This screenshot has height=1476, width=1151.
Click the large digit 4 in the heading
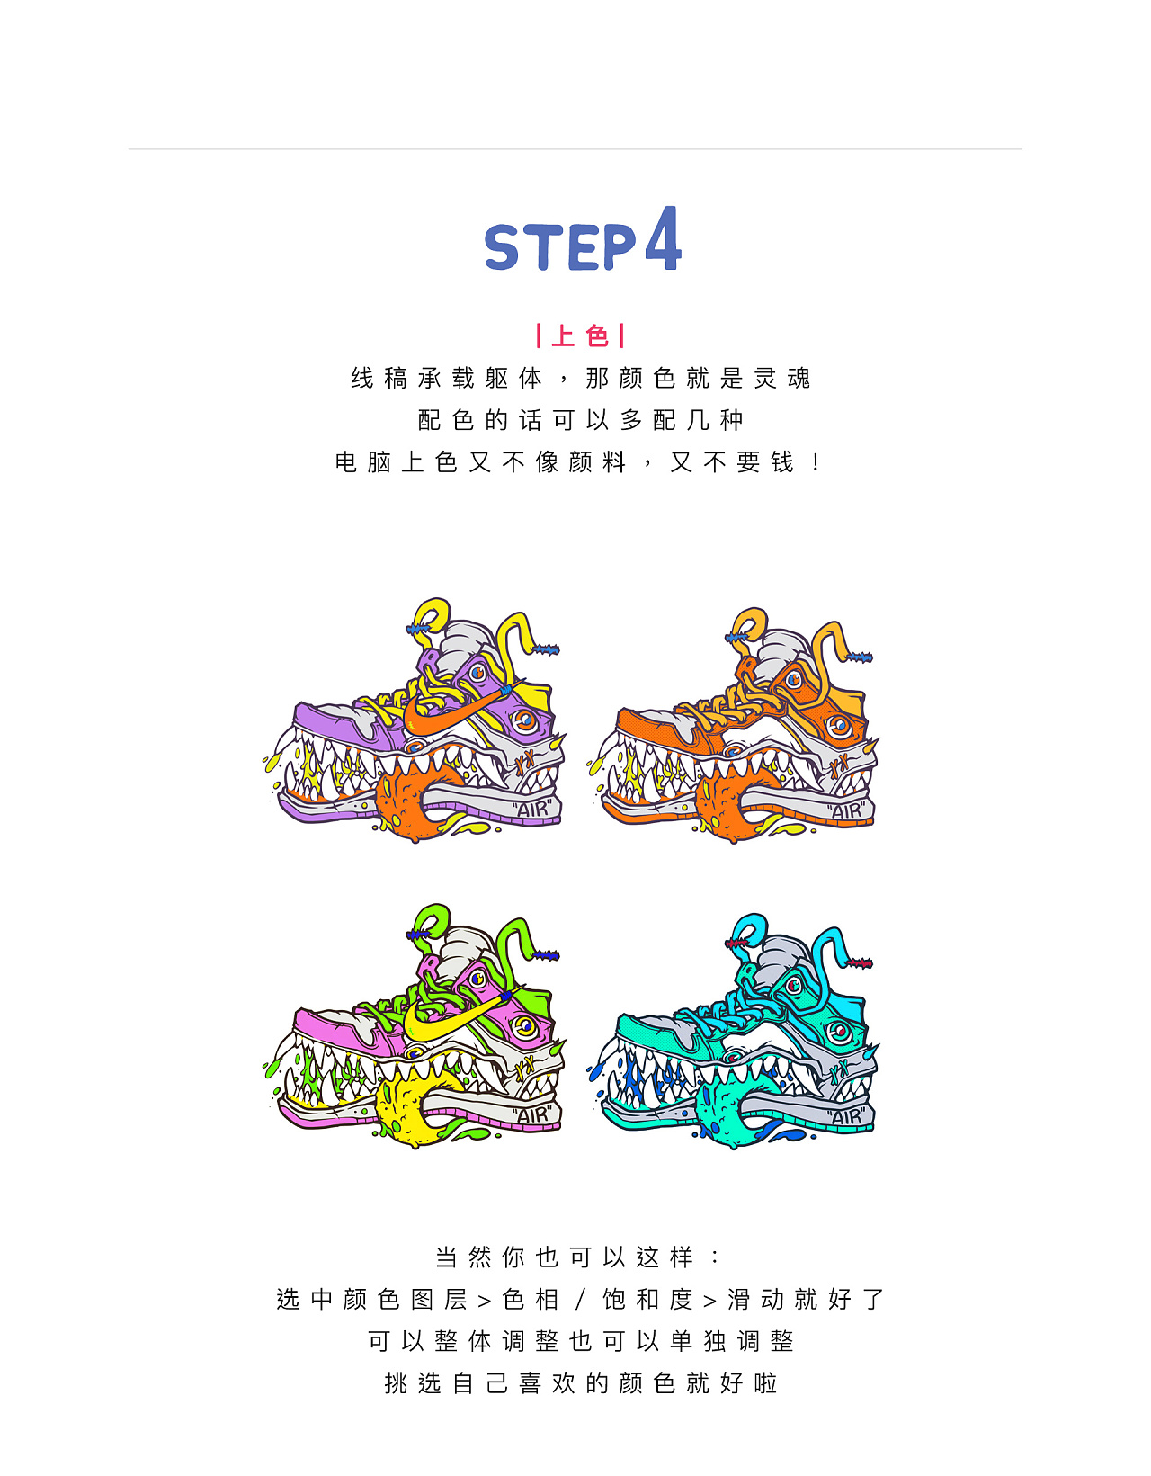663,238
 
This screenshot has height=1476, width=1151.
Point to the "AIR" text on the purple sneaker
533,809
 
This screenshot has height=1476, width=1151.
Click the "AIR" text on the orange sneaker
846,810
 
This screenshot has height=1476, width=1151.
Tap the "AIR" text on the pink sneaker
533,1115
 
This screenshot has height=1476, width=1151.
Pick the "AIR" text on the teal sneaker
846,1116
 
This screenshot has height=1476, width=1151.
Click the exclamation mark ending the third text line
816,462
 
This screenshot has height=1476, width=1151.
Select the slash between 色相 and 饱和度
580,1300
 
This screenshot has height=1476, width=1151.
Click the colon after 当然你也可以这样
715,1257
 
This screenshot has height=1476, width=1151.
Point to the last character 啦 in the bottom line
765,1383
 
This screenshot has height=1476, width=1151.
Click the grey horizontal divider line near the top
575,148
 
